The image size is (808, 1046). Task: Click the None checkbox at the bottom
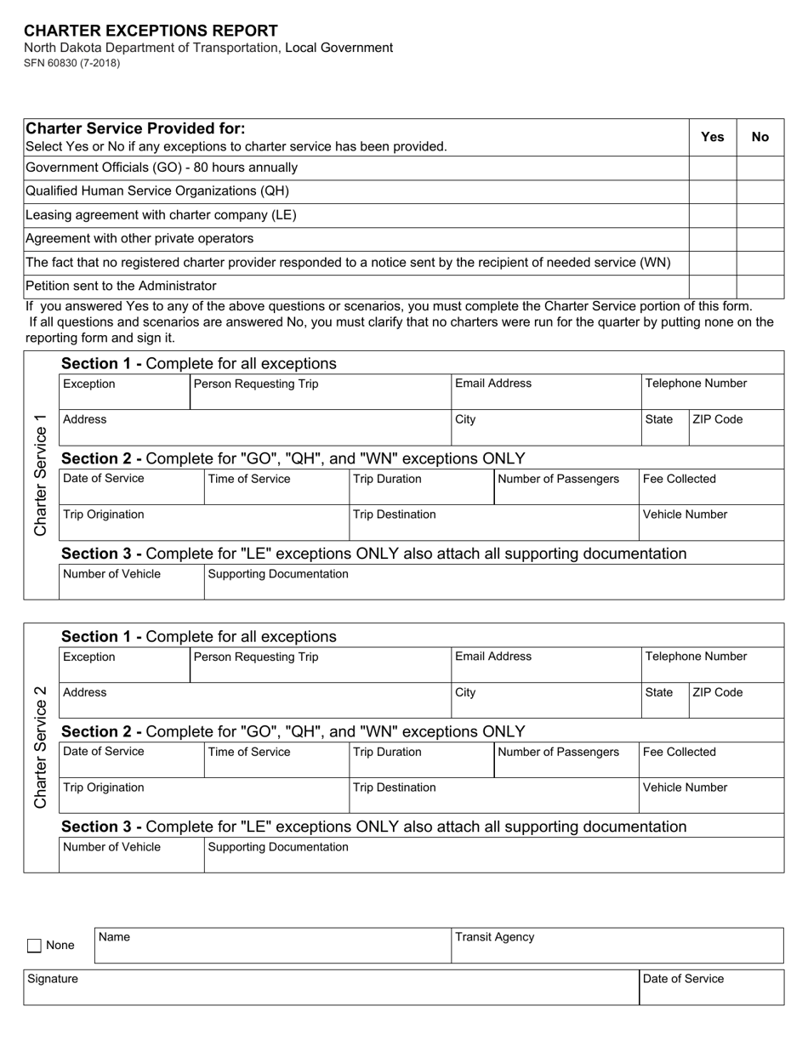click(35, 946)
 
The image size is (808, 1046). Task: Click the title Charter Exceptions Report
click(151, 31)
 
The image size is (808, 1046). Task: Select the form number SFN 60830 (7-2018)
click(72, 63)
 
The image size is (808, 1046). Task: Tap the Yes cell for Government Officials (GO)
click(712, 168)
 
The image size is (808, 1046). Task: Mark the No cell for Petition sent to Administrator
click(760, 286)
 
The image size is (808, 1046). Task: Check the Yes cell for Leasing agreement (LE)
click(712, 215)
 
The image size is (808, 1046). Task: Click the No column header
click(760, 137)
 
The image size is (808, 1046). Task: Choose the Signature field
click(331, 987)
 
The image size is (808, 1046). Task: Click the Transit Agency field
click(617, 946)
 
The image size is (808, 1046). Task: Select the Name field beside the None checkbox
click(272, 946)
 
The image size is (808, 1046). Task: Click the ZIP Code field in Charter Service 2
click(736, 701)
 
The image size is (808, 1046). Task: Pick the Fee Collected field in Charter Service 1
click(711, 487)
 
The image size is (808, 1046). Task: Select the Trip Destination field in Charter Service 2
click(493, 796)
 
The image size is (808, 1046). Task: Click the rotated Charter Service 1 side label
click(41, 475)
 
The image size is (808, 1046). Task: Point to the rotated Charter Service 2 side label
click(41, 748)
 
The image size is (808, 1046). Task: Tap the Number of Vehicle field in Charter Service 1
click(131, 583)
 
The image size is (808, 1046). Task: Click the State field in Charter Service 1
click(664, 428)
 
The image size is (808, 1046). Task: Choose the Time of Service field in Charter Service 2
click(276, 760)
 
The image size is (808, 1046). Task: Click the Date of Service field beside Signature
click(711, 987)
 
